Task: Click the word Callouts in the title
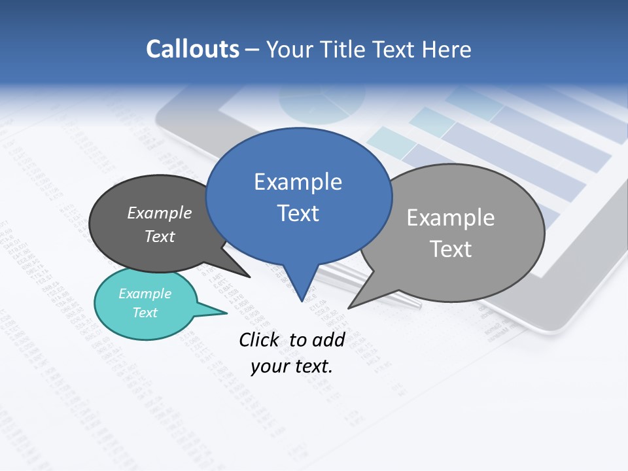click(x=192, y=50)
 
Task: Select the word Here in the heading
click(x=445, y=50)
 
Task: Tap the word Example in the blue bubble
click(x=298, y=182)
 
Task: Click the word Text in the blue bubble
click(x=298, y=213)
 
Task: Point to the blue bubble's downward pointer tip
click(x=302, y=300)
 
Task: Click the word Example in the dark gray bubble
click(x=160, y=213)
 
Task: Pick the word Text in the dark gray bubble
click(x=160, y=236)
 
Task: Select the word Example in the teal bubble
click(x=145, y=294)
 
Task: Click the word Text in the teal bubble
click(x=145, y=313)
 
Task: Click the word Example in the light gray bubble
click(x=451, y=218)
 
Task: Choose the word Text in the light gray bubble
click(x=451, y=249)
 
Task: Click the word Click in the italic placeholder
click(x=260, y=340)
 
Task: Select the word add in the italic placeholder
click(x=328, y=340)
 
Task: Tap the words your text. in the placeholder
click(x=292, y=366)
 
